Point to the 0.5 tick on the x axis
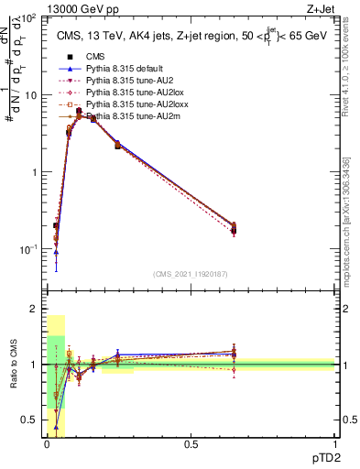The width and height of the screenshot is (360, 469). (x=191, y=444)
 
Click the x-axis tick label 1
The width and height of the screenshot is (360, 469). (x=335, y=444)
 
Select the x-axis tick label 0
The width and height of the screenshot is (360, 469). (x=47, y=444)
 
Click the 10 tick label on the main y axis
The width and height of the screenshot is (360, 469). (x=32, y=95)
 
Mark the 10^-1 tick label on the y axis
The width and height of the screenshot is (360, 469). (x=30, y=249)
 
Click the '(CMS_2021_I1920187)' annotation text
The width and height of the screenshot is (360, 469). (x=191, y=274)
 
